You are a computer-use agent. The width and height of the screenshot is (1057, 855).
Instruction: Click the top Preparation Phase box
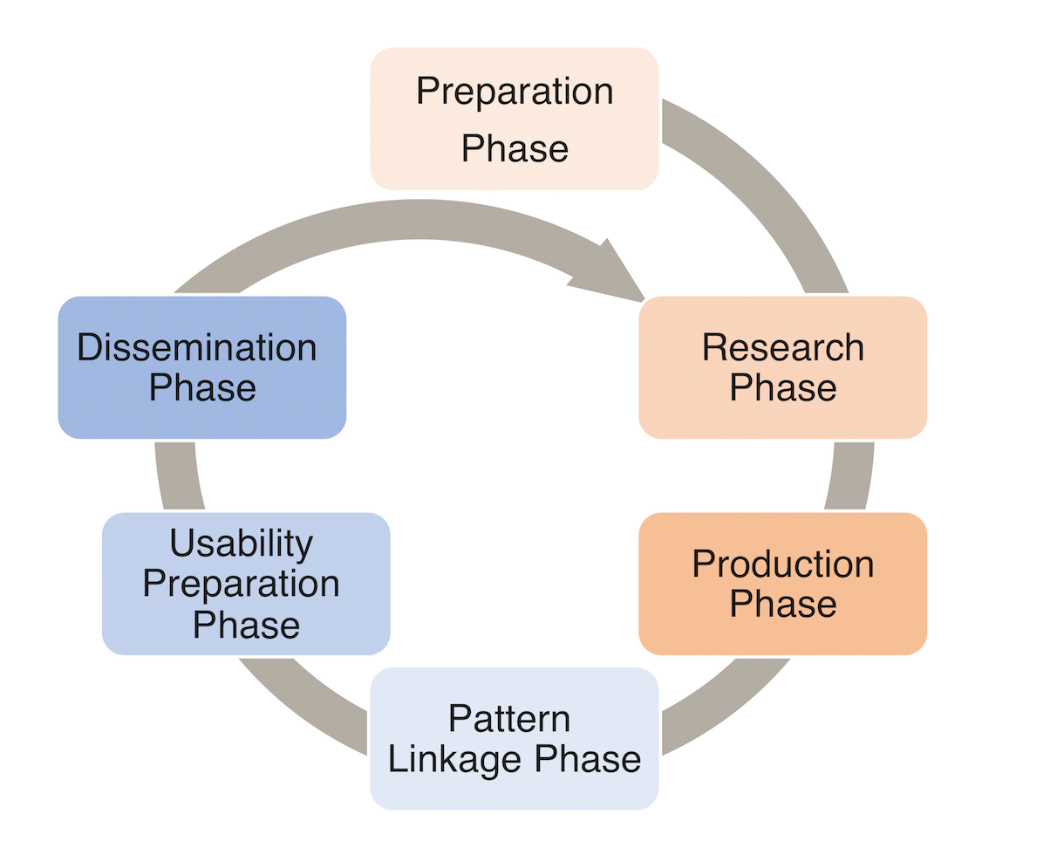click(x=514, y=119)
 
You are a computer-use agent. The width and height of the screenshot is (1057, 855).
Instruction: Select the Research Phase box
click(x=782, y=367)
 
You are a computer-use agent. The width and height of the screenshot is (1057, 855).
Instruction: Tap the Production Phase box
click(x=782, y=584)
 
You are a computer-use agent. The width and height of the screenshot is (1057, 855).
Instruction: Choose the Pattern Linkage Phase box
click(x=514, y=739)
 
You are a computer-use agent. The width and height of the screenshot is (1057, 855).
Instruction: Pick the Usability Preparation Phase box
click(x=246, y=584)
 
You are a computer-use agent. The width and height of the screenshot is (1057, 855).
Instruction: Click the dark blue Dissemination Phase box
click(x=202, y=367)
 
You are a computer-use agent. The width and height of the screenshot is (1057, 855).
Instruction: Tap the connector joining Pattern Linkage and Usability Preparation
click(x=308, y=705)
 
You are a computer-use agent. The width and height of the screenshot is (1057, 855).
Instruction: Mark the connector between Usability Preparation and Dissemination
click(x=179, y=475)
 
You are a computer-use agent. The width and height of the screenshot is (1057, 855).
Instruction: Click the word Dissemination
click(x=197, y=347)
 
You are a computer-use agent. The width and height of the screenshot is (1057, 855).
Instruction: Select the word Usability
click(x=242, y=544)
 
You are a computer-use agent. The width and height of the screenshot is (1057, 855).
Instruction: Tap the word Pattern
click(x=509, y=718)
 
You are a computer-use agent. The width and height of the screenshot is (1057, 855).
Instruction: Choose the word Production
click(x=782, y=564)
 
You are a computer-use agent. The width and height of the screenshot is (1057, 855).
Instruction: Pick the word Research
click(x=782, y=347)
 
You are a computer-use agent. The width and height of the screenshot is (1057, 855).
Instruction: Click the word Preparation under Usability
click(x=242, y=585)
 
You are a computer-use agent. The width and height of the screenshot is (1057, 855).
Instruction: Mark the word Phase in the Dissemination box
click(x=202, y=387)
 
